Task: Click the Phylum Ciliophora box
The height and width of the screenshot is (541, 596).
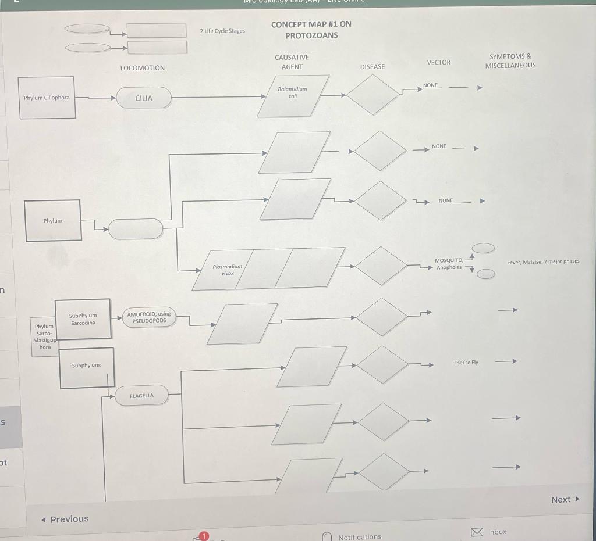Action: pos(47,98)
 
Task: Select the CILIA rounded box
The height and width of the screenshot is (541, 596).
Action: pos(144,98)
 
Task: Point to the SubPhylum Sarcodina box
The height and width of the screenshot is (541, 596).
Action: pos(83,318)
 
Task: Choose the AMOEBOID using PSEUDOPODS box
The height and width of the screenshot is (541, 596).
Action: pos(149,317)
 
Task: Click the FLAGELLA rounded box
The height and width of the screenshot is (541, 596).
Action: pos(142,396)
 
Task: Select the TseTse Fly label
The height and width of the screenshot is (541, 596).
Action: pos(466,363)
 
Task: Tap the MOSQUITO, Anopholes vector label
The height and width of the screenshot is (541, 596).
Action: pos(449,264)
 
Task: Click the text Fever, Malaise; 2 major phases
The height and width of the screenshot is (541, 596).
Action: pos(543,261)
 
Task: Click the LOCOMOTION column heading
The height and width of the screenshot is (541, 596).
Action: pos(143,68)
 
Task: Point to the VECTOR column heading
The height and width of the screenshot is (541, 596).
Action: pos(438,62)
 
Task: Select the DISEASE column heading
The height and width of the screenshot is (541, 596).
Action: pos(372,67)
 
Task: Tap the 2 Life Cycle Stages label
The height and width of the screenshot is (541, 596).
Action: pos(222,31)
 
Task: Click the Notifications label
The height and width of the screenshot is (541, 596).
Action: pos(360,536)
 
